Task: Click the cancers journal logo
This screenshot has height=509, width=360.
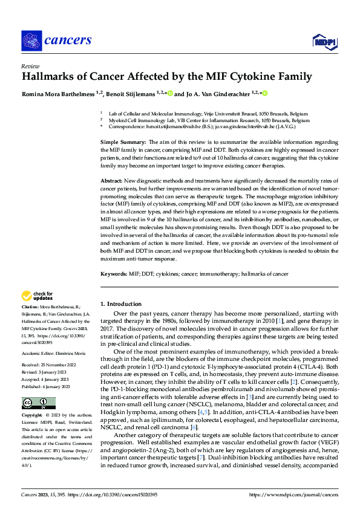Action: pos(57,41)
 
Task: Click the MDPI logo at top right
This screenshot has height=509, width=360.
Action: pos(324,41)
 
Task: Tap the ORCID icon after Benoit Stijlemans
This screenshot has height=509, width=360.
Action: pos(170,94)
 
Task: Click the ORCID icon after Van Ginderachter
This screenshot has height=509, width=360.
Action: pos(264,94)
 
